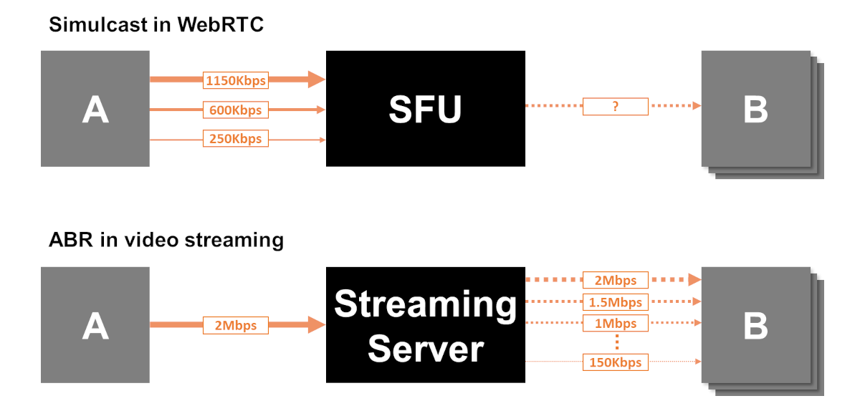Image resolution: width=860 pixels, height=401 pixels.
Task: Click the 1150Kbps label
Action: tap(235, 80)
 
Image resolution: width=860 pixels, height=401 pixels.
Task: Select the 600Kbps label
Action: tap(235, 110)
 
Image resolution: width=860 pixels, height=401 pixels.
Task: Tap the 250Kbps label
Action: tap(235, 138)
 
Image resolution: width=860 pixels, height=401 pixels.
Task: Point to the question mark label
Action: tap(615, 107)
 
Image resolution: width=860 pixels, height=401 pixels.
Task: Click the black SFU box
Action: tap(425, 108)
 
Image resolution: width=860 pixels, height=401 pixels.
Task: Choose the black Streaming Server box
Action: tap(425, 325)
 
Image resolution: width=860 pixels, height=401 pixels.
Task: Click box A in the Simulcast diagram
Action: tap(95, 108)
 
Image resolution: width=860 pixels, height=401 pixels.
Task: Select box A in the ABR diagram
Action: tap(95, 325)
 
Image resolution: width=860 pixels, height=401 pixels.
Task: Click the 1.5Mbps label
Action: tap(615, 301)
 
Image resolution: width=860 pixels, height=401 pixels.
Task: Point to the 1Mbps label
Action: tap(615, 324)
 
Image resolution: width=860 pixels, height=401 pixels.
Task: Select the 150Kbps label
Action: tap(615, 362)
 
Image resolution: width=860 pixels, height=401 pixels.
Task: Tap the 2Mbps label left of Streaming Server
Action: tap(235, 325)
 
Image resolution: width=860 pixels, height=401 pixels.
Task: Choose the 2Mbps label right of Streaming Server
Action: tap(615, 279)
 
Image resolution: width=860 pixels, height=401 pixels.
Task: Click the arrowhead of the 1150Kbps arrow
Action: tap(317, 79)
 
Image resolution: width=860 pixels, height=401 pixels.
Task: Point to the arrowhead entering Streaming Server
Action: tap(317, 325)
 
